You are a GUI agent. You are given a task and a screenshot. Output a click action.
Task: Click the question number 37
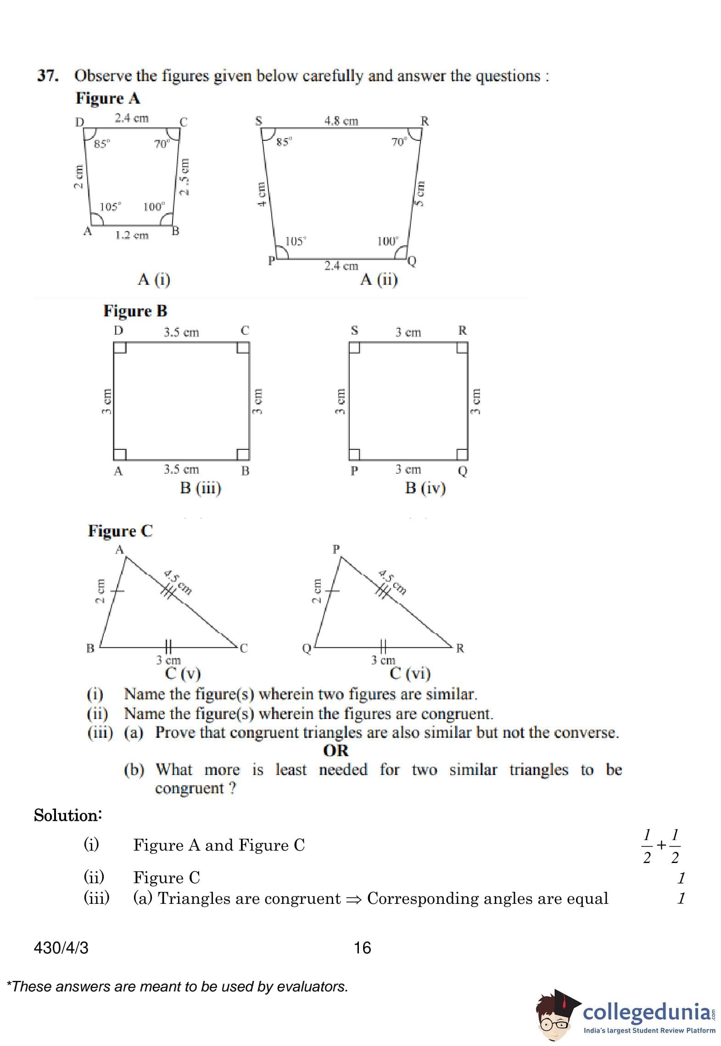[48, 76]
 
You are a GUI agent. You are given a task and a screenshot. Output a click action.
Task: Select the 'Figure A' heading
[108, 98]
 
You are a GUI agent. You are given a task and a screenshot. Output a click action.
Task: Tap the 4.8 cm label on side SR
[341, 121]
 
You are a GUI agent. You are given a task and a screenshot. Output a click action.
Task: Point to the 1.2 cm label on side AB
[132, 235]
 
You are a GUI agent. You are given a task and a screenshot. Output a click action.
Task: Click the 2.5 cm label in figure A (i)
[184, 177]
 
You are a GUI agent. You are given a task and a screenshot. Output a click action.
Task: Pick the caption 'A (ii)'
[379, 279]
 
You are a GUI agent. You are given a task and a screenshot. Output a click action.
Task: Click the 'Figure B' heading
[135, 311]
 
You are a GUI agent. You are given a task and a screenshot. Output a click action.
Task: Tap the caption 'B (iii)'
[201, 487]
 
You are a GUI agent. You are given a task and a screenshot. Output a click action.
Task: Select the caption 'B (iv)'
[425, 487]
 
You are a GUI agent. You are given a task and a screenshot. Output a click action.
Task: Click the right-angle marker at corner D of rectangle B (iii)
[120, 348]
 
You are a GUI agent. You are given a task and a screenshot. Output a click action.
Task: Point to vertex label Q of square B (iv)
[463, 471]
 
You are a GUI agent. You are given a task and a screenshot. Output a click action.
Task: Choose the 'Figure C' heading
[120, 531]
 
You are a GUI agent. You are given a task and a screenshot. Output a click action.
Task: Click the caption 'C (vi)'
[410, 673]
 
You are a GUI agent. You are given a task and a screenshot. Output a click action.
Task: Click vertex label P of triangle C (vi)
[336, 548]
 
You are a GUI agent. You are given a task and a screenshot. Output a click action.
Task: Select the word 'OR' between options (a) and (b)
[336, 751]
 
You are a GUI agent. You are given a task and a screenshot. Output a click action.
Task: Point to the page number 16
[362, 947]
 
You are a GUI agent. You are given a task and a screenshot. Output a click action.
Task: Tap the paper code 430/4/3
[61, 947]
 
